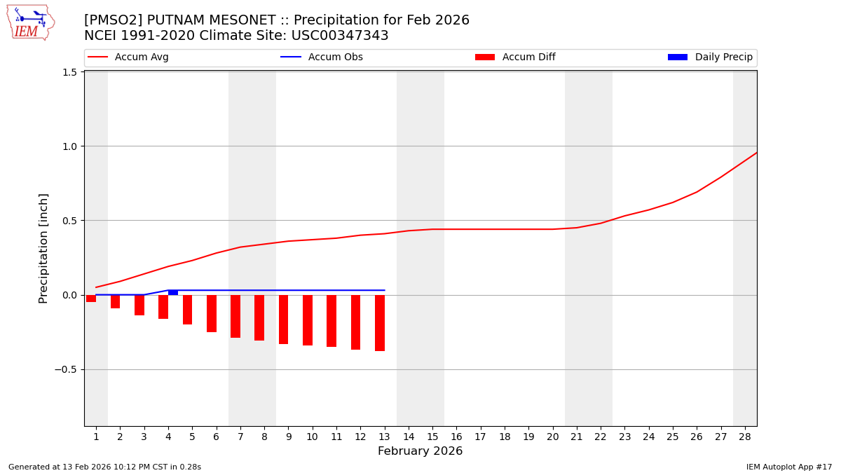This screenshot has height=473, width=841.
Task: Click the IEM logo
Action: pyautogui.click(x=30, y=22)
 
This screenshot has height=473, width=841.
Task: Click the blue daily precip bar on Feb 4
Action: pyautogui.click(x=173, y=292)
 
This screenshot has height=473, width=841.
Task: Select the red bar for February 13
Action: pyautogui.click(x=380, y=322)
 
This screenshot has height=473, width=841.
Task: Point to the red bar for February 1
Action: pyautogui.click(x=91, y=299)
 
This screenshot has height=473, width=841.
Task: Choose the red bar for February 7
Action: pyautogui.click(x=235, y=316)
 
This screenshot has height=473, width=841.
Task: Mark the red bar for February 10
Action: pyautogui.click(x=308, y=320)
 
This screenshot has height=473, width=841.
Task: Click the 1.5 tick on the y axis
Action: pyautogui.click(x=69, y=72)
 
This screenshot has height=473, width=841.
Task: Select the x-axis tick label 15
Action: pyautogui.click(x=432, y=437)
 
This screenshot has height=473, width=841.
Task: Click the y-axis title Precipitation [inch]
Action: pyautogui.click(x=43, y=248)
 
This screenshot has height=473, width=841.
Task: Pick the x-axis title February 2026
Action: pyautogui.click(x=420, y=451)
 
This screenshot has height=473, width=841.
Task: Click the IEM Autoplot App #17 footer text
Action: pyautogui.click(x=788, y=467)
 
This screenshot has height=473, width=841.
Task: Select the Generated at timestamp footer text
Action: pyautogui.click(x=104, y=467)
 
